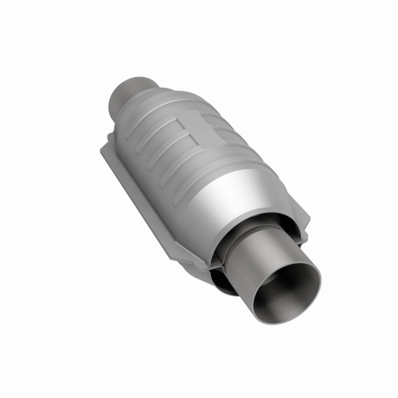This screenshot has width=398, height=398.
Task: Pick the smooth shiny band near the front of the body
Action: pyautogui.click(x=243, y=191)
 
